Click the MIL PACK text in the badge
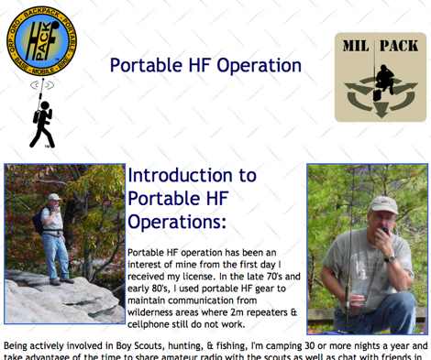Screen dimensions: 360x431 (x=381, y=46)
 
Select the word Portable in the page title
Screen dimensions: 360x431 (x=146, y=66)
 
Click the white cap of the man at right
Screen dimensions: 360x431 (x=384, y=203)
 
